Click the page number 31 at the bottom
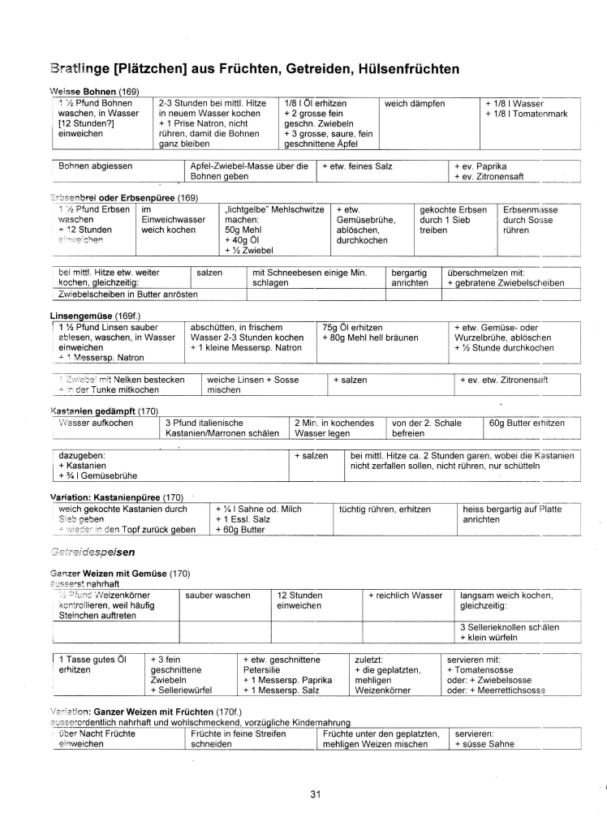click(316, 793)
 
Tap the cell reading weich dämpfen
click(415, 104)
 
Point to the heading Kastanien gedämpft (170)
click(105, 411)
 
